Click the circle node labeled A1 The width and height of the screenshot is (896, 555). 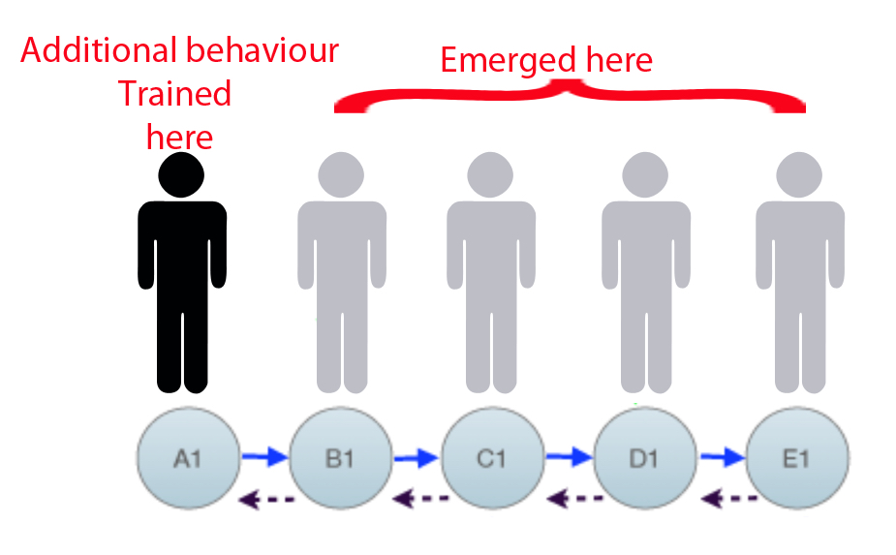pos(188,457)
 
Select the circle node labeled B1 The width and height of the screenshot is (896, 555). pos(341,457)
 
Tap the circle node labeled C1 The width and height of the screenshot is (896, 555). pos(493,457)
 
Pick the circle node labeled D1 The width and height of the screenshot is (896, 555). pos(645,457)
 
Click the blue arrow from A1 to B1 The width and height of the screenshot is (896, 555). pos(264,453)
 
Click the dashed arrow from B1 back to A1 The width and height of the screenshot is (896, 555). pos(267,500)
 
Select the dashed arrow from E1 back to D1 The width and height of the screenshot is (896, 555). pos(727,500)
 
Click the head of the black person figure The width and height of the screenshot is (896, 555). pos(182,175)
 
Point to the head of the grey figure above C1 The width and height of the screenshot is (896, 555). pos(491,175)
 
